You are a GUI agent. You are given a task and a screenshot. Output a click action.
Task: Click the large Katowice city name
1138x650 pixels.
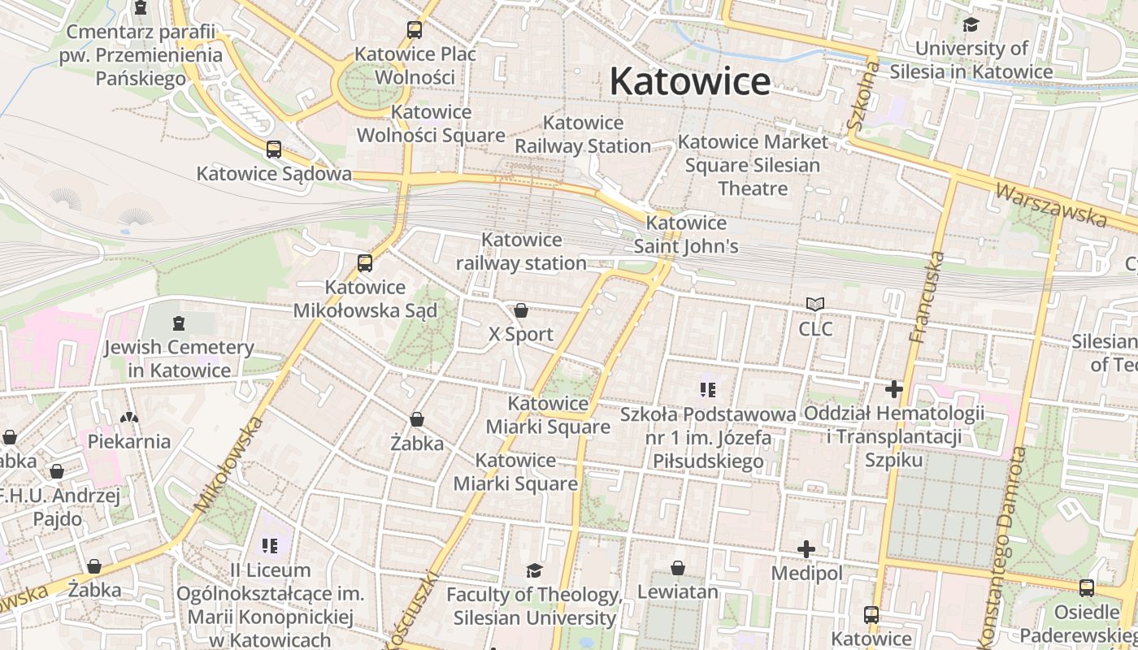689,81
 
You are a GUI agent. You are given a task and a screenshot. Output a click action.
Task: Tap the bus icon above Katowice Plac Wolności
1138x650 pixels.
415,30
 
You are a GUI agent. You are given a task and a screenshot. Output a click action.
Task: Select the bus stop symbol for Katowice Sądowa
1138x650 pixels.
274,149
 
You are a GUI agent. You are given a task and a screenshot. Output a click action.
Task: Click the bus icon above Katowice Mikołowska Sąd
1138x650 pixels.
365,263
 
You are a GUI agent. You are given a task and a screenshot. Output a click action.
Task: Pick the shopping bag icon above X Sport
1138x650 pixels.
521,310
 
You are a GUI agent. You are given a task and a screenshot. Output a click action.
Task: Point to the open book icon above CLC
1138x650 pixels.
815,305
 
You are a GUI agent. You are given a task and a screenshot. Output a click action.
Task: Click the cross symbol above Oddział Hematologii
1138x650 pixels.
894,389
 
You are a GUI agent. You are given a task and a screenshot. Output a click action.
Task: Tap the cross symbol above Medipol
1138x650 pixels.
806,550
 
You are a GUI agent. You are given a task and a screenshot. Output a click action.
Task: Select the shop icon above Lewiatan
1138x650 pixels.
678,568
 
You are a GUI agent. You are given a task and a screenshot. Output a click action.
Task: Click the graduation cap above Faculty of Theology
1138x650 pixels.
534,571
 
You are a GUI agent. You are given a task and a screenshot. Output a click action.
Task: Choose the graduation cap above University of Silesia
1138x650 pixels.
971,24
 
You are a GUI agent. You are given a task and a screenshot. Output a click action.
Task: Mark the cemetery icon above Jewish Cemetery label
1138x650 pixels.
179,323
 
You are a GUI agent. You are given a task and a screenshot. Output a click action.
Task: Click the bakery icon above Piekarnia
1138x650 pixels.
129,418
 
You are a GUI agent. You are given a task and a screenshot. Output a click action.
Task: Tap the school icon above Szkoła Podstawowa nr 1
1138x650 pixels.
708,390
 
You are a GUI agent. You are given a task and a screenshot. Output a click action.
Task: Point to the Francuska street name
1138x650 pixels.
928,297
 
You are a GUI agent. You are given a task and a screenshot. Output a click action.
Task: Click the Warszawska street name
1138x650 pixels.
1050,205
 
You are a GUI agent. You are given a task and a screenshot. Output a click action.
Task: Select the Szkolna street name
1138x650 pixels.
863,98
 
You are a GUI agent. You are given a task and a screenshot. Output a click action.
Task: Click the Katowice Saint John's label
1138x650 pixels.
686,234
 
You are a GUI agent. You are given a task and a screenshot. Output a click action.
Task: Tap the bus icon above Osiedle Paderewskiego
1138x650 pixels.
1086,588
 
